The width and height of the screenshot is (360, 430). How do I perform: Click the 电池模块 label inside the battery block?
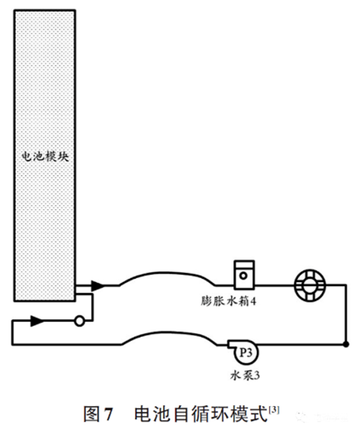(46, 156)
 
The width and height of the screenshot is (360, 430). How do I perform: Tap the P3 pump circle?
(246, 352)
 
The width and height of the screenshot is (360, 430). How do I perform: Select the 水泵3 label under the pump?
(245, 375)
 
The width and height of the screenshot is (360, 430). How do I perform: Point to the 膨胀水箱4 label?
(228, 301)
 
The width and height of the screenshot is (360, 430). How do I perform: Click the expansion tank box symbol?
(244, 275)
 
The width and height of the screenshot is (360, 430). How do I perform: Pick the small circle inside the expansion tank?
(243, 275)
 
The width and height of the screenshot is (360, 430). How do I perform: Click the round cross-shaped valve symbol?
(310, 285)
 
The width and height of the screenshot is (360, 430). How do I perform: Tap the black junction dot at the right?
(346, 344)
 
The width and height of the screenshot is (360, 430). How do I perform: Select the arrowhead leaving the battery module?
(98, 286)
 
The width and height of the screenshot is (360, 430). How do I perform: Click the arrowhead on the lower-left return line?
(37, 321)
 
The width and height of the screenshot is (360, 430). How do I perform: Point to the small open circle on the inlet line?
(79, 322)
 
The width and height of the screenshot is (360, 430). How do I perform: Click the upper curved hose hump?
(167, 274)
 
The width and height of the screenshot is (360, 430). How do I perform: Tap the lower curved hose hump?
(169, 333)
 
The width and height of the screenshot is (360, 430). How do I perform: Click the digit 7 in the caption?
(108, 414)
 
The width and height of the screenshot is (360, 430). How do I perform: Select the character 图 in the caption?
(92, 413)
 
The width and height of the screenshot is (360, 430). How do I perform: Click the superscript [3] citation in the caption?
(274, 410)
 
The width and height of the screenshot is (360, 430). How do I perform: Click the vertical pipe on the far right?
(346, 314)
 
